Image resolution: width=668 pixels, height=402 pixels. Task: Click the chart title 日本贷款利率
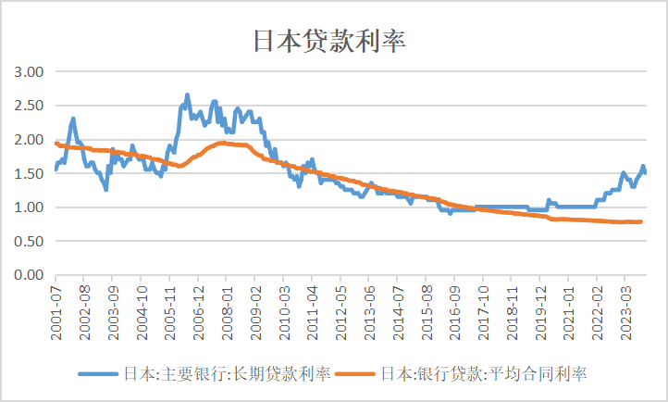click(330, 42)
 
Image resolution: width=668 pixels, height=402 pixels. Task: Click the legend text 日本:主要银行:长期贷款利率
click(227, 373)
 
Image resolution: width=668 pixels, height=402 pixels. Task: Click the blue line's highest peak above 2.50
click(187, 94)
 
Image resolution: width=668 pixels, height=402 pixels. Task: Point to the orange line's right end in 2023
click(641, 221)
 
